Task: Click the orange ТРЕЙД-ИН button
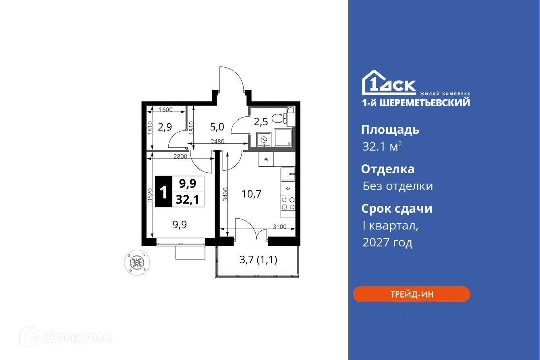pyautogui.click(x=411, y=294)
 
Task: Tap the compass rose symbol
pyautogui.click(x=137, y=263)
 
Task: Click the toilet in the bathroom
pyautogui.click(x=279, y=118)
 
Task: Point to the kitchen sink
pyautogui.click(x=288, y=174)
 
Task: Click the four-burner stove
pyautogui.click(x=288, y=203)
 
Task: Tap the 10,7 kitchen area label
pyautogui.click(x=251, y=194)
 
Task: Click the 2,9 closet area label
pyautogui.click(x=165, y=128)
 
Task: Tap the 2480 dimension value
pyautogui.click(x=218, y=141)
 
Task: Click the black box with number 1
pyautogui.click(x=163, y=192)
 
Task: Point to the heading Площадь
pyautogui.click(x=390, y=130)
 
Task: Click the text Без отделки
pyautogui.click(x=397, y=186)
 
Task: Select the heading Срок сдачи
pyautogui.click(x=396, y=209)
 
